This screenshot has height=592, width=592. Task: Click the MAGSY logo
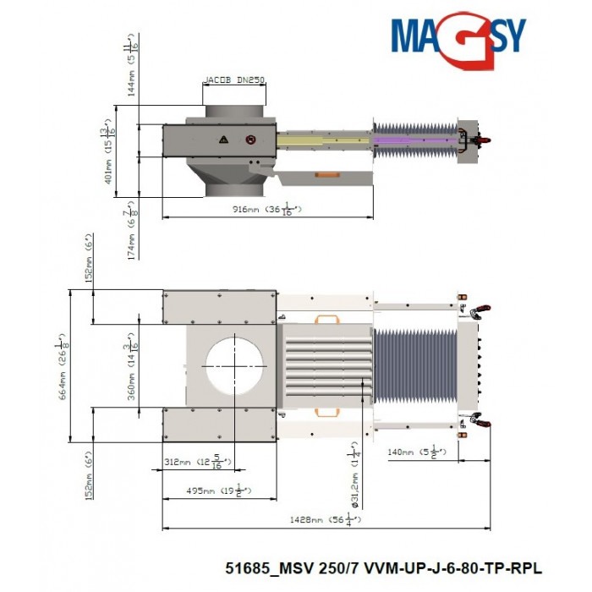pyautogui.click(x=458, y=35)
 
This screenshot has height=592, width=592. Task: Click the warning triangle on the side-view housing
pyautogui.click(x=223, y=138)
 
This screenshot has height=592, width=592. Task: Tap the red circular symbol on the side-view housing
pyautogui.click(x=249, y=139)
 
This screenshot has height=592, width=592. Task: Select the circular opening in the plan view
pyautogui.click(x=233, y=364)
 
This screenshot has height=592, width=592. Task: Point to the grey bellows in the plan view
pyautogui.click(x=414, y=364)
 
